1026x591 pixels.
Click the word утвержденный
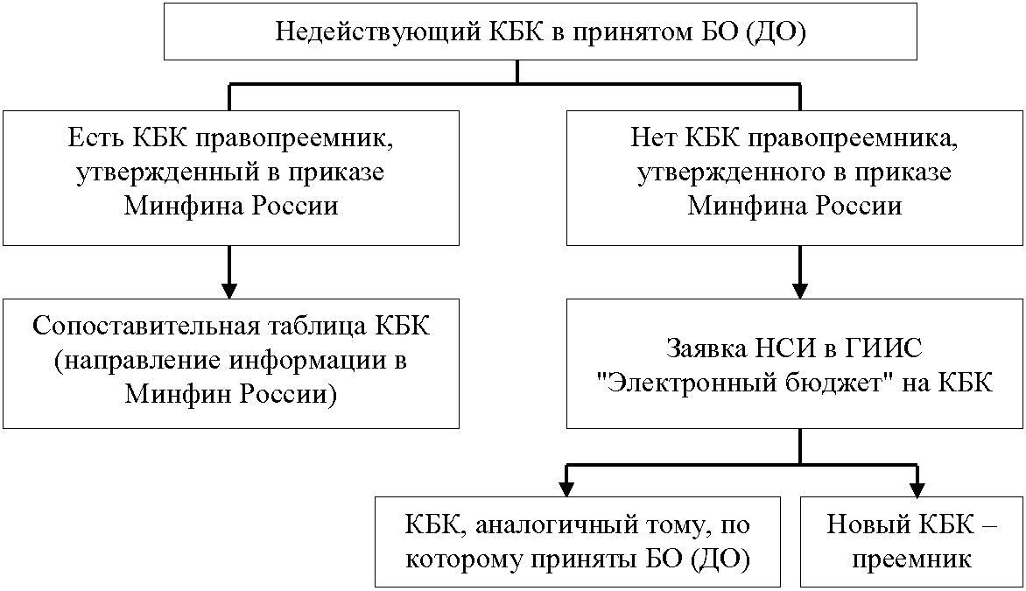[x=164, y=172]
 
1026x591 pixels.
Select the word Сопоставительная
[x=145, y=325]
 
